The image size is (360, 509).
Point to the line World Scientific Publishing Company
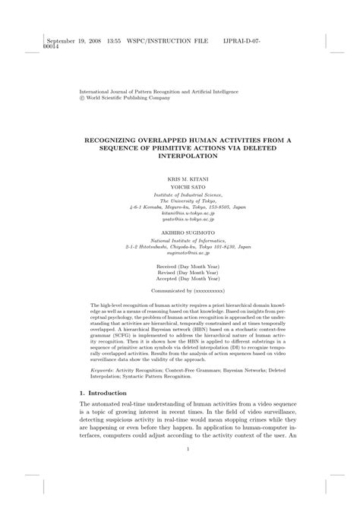click(125, 98)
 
